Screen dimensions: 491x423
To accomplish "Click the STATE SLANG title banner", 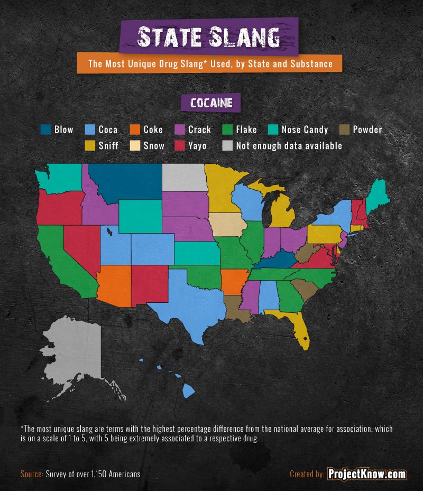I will click(209, 36).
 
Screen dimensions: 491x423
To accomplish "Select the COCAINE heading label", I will click(212, 103).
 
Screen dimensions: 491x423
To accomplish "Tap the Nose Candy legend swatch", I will click(273, 129).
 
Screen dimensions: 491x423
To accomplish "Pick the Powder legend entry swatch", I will click(344, 129).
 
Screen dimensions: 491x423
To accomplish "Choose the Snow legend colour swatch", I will click(135, 145).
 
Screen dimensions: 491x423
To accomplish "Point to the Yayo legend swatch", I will click(180, 145).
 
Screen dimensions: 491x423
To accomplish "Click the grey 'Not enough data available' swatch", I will click(227, 145).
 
